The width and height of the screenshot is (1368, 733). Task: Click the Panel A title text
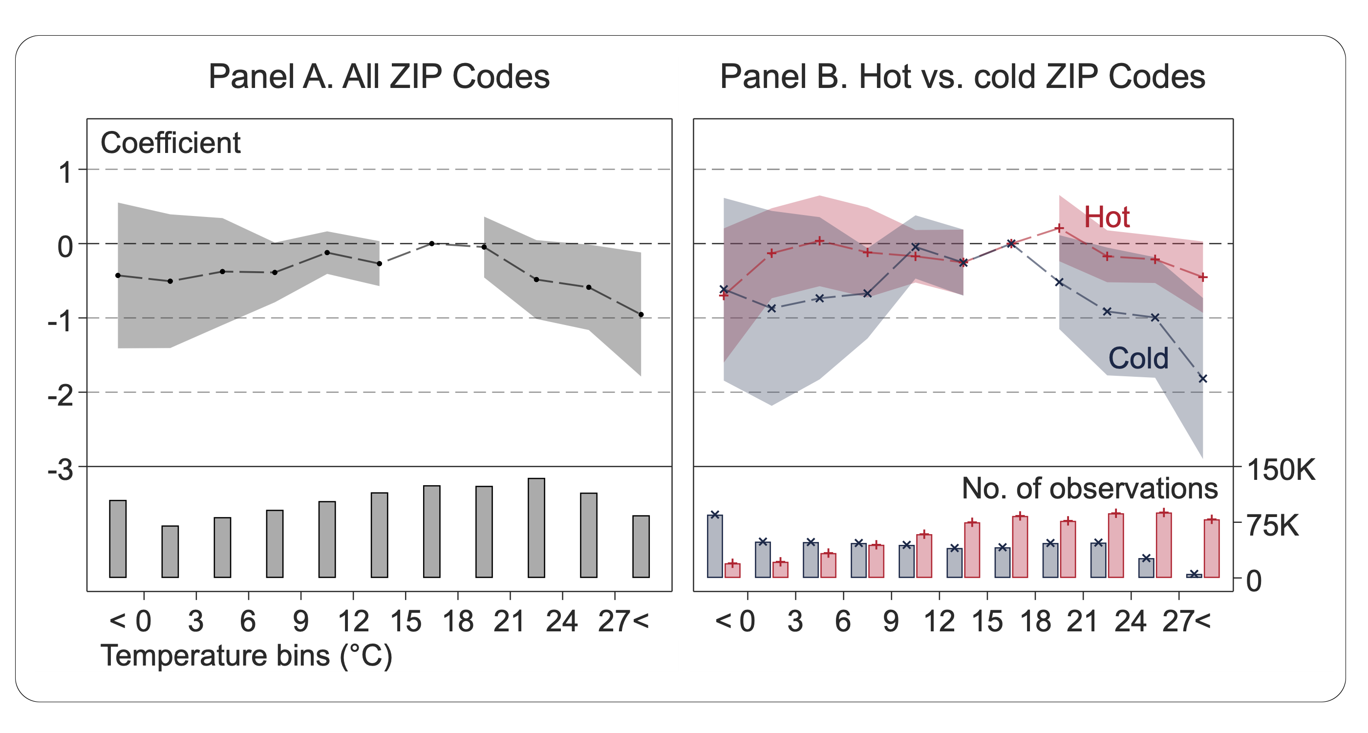[379, 77]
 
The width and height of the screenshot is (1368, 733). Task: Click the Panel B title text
[962, 77]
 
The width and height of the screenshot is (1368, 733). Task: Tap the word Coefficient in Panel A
[171, 143]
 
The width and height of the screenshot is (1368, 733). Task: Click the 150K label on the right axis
[1281, 470]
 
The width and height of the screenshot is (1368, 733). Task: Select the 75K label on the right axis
[1272, 526]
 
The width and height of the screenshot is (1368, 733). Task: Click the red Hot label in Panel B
[1107, 217]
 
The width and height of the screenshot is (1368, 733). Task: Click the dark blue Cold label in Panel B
[1138, 359]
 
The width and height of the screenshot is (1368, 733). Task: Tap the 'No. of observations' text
[1090, 489]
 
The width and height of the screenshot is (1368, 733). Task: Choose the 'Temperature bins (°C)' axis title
[246, 655]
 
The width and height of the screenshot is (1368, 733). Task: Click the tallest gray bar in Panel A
[536, 527]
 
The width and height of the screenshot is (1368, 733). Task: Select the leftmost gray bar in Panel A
[118, 539]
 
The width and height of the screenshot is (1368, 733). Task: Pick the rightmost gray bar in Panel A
[641, 546]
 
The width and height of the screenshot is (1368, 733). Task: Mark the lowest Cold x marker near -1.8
[1203, 379]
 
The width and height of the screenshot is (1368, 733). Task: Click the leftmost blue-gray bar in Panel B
[715, 546]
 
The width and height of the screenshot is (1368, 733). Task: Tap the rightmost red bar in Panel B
[1212, 548]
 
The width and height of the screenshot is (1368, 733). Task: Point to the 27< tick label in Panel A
[623, 622]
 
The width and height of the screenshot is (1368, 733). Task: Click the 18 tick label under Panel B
[1035, 622]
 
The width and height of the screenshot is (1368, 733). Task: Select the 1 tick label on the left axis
[65, 173]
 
